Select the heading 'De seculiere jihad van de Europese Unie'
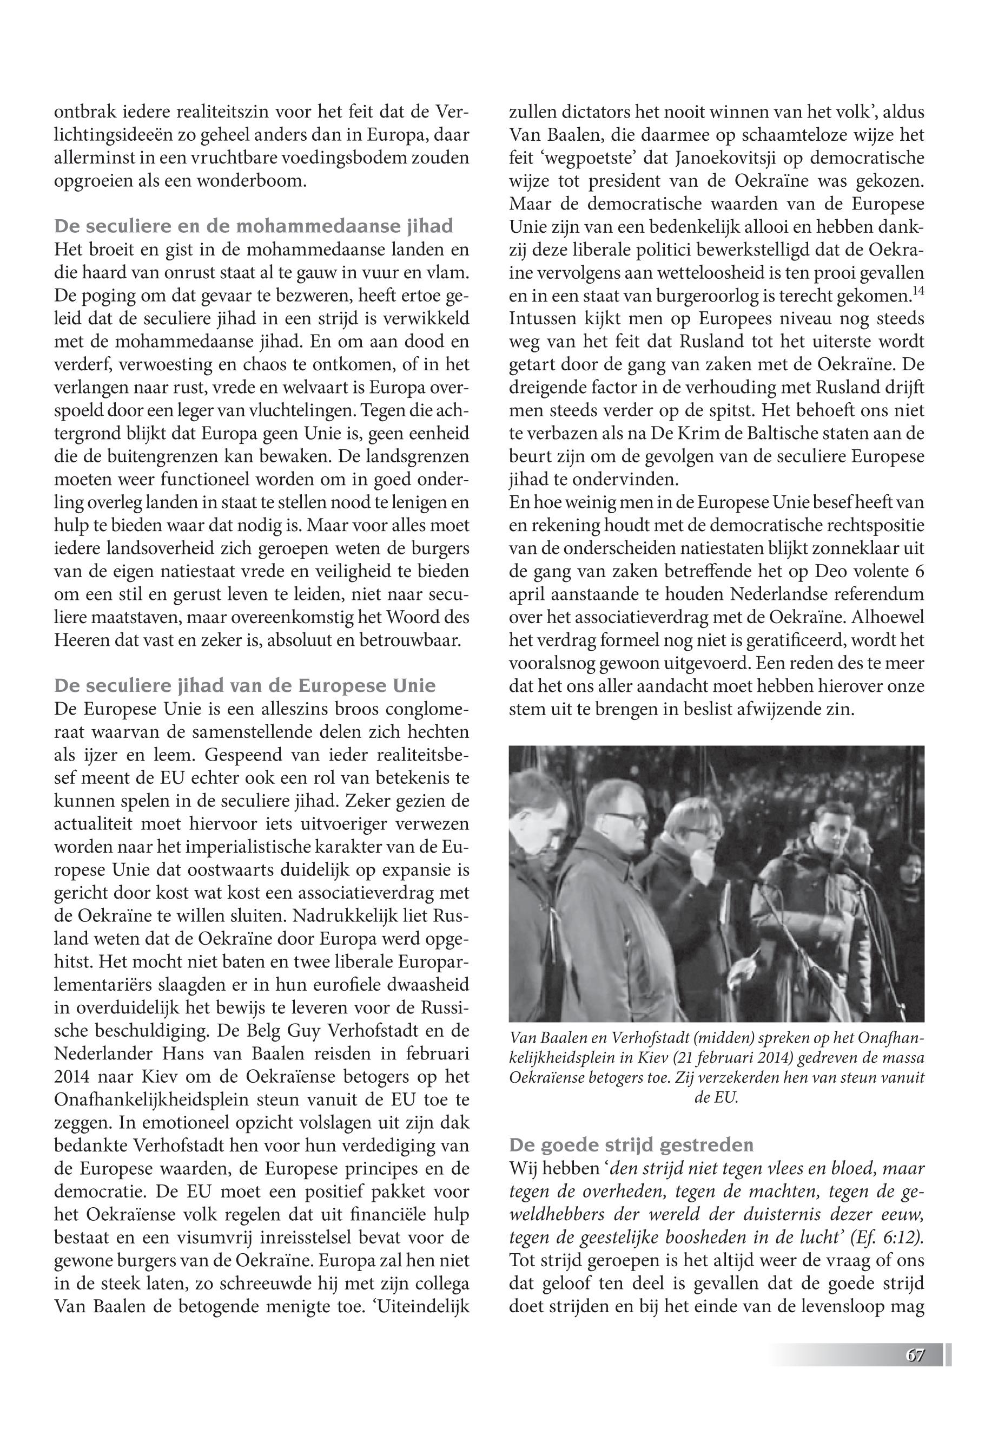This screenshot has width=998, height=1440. coord(244,686)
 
